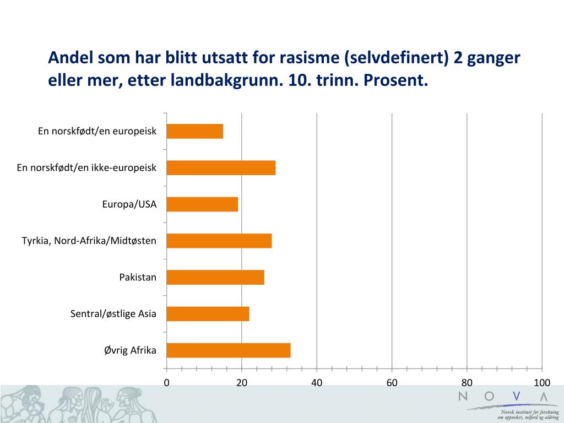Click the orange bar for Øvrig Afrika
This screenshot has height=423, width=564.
[x=228, y=350]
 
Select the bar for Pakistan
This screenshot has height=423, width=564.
[x=215, y=277]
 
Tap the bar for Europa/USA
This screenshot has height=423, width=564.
[x=202, y=204]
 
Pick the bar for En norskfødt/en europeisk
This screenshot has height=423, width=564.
[x=194, y=131]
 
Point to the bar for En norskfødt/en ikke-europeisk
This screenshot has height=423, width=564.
[x=220, y=168]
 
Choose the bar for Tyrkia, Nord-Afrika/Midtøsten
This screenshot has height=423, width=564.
[x=219, y=241]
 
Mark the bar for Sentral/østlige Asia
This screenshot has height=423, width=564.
[x=208, y=314]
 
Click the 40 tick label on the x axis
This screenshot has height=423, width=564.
[x=317, y=383]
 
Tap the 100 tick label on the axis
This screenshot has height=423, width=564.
[x=542, y=383]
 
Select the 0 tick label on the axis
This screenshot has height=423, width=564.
[x=166, y=383]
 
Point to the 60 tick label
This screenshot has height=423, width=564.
[x=392, y=383]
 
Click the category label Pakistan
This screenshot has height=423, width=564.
[x=138, y=277]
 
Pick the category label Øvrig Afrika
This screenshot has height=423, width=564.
[x=130, y=350]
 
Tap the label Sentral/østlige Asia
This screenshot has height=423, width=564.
[x=113, y=314]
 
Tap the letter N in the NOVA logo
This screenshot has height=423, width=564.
[x=463, y=395]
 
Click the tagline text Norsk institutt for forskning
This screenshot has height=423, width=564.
[x=529, y=412]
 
